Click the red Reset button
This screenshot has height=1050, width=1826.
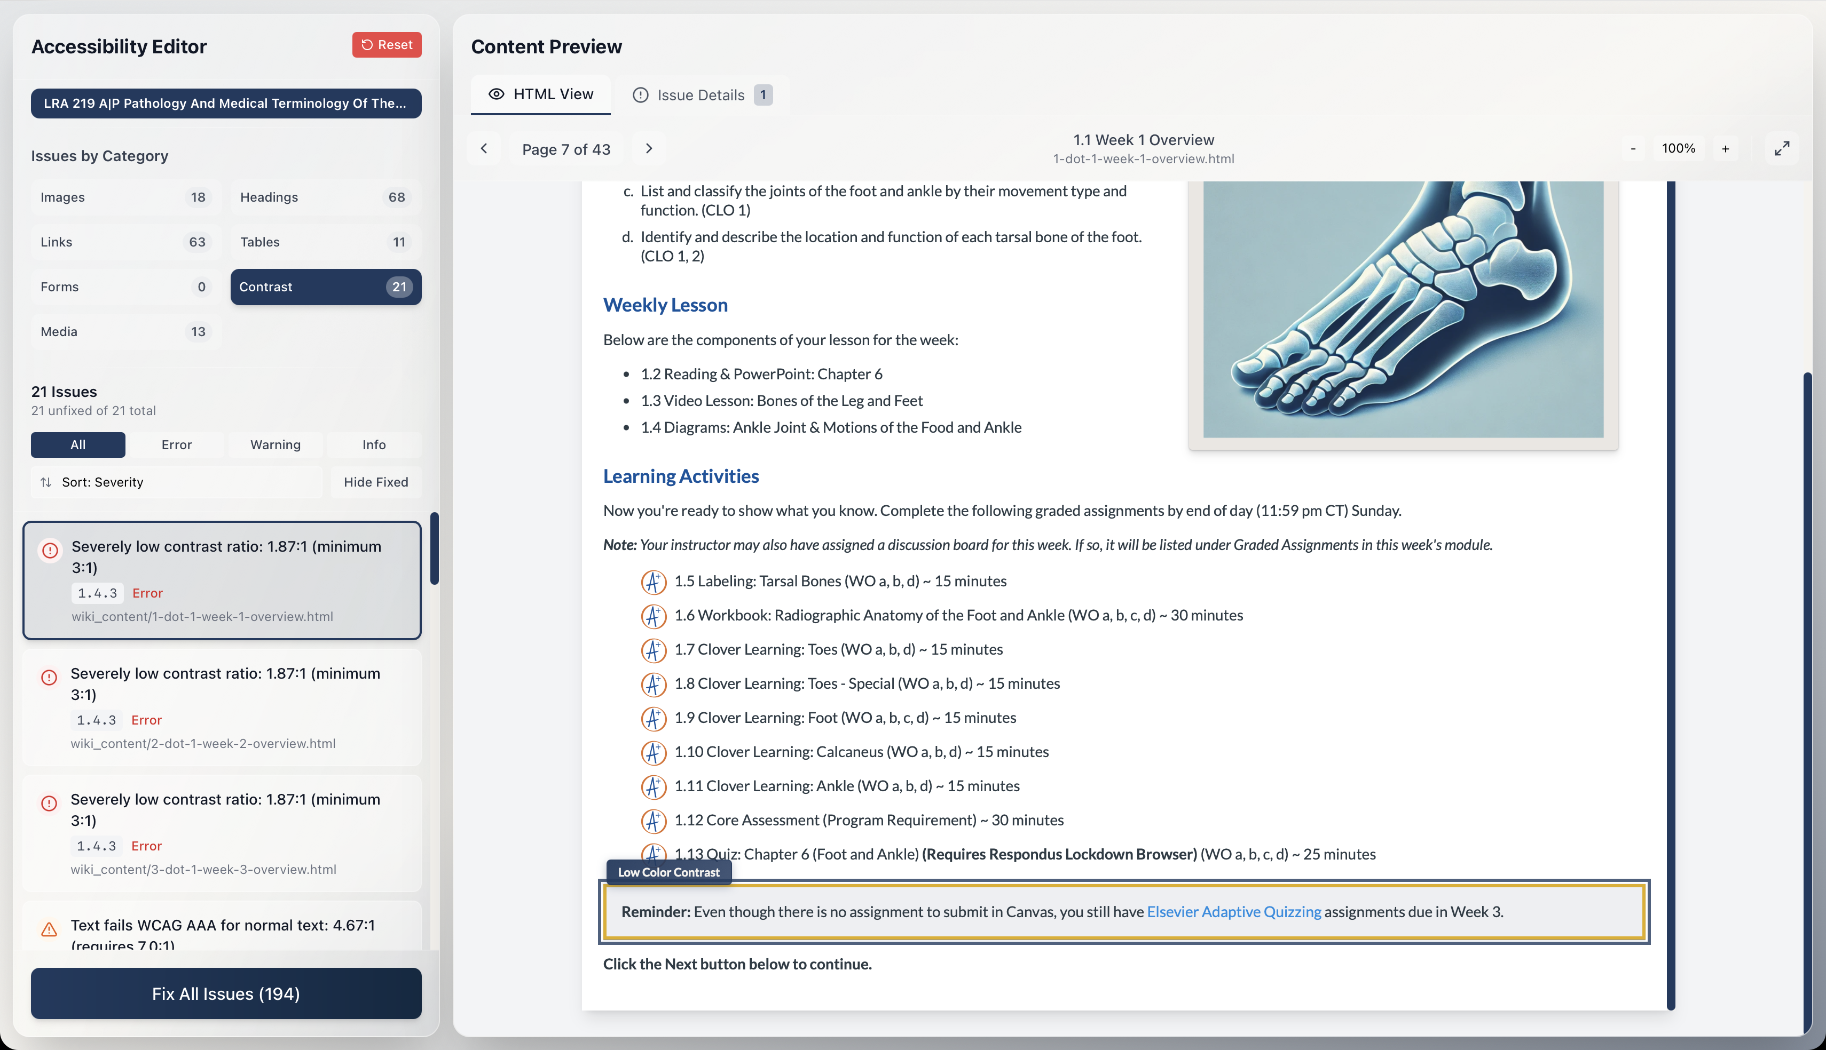pyautogui.click(x=387, y=45)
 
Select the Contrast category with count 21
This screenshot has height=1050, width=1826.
pyautogui.click(x=325, y=287)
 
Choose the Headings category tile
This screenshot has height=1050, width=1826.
pyautogui.click(x=325, y=197)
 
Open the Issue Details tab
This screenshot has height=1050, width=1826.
pyautogui.click(x=701, y=95)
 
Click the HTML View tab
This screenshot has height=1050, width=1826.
pyautogui.click(x=540, y=94)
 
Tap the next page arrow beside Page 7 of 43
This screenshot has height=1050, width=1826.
pyautogui.click(x=649, y=148)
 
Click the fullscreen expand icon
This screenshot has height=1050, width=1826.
pyautogui.click(x=1781, y=148)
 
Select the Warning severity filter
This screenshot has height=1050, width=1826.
pyautogui.click(x=275, y=445)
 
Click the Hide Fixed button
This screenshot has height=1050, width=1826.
pyautogui.click(x=375, y=482)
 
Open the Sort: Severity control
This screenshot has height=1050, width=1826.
pyautogui.click(x=176, y=482)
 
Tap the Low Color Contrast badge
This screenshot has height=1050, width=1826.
pyautogui.click(x=668, y=872)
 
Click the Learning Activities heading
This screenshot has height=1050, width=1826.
pyautogui.click(x=680, y=476)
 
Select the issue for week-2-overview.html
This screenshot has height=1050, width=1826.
pyautogui.click(x=222, y=707)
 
